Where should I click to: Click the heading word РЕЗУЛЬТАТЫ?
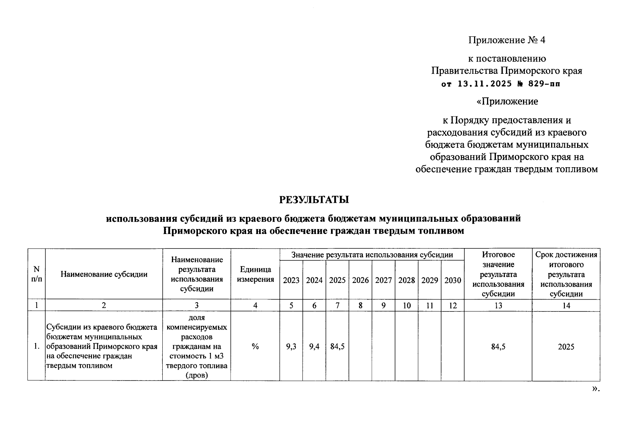314,200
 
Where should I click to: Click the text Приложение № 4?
507,40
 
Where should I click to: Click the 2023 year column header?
291,280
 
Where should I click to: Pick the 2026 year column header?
360,280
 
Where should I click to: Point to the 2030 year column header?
453,280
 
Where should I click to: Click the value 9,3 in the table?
291,347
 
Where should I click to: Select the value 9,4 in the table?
314,347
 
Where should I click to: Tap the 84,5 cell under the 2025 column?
337,347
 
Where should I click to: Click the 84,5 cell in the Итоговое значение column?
498,347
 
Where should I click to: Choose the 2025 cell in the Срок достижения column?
566,347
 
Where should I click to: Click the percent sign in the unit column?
255,347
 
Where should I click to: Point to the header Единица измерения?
255,274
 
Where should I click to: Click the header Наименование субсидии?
104,274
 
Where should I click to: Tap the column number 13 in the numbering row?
498,306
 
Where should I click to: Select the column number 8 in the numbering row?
360,306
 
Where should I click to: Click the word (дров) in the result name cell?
196,375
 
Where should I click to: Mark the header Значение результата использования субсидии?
372,255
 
